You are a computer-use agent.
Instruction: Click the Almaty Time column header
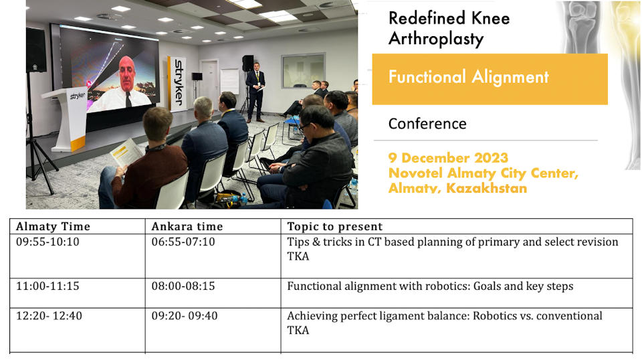53,226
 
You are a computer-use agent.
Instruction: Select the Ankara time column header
187,226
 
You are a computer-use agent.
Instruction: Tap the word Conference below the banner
427,124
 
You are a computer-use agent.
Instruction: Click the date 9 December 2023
448,158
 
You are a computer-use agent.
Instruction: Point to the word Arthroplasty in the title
436,39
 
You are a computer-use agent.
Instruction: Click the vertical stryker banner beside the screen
177,84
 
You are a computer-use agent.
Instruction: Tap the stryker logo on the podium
78,96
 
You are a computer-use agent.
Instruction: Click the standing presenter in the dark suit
255,92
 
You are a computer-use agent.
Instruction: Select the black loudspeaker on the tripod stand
36,50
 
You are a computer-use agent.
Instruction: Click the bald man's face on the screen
127,73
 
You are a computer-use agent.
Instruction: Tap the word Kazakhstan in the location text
486,188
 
